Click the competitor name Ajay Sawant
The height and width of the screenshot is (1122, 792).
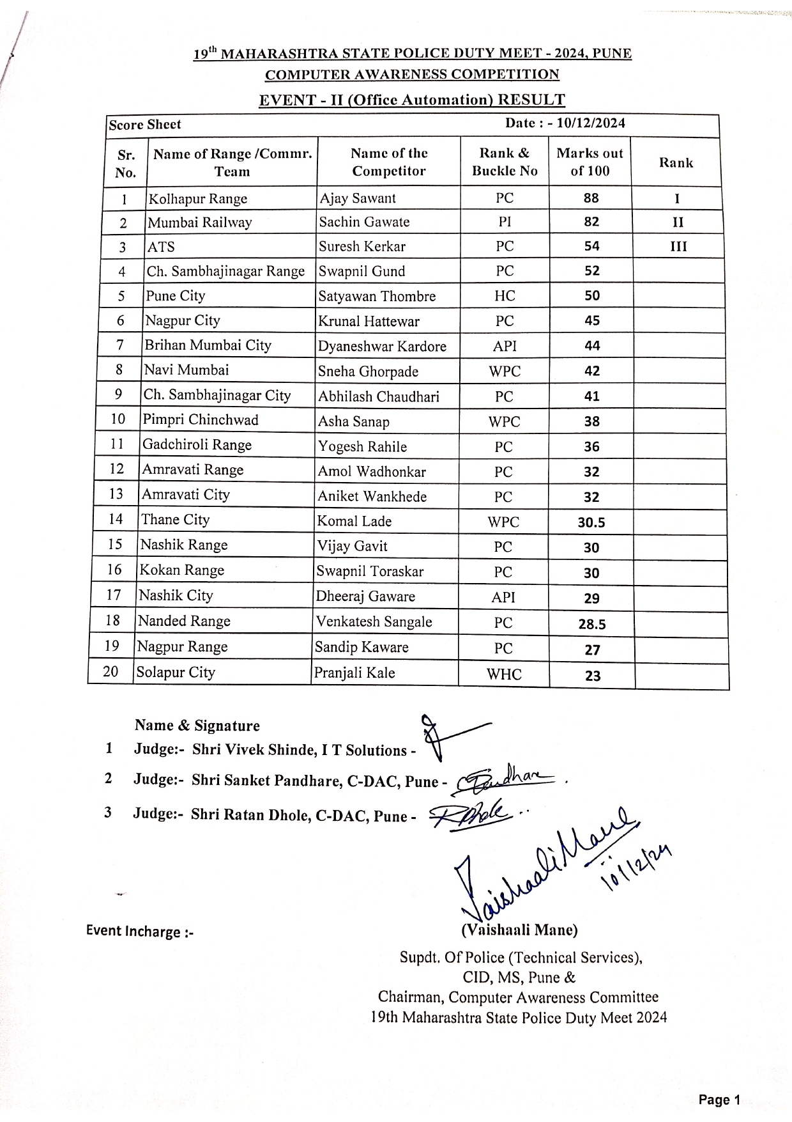click(x=358, y=198)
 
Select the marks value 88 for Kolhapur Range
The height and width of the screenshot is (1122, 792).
click(x=591, y=198)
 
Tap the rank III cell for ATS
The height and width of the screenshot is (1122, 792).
click(x=678, y=247)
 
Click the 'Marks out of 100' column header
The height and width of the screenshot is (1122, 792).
click(x=590, y=162)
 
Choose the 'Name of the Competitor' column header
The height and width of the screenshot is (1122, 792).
click(x=388, y=162)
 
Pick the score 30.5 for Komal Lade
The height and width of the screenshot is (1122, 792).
click(x=591, y=522)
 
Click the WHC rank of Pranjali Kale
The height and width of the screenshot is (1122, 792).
click(x=504, y=674)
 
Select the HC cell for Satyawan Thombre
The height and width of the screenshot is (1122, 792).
click(x=505, y=296)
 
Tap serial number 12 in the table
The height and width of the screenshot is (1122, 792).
click(x=116, y=469)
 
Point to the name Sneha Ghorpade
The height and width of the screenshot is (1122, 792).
click(x=369, y=371)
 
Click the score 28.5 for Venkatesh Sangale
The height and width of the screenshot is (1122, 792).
click(x=592, y=624)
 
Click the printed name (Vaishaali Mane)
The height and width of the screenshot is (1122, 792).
click(x=519, y=930)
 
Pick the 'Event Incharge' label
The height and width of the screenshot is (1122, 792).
click(x=140, y=931)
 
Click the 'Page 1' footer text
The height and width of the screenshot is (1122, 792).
click(x=719, y=1100)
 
